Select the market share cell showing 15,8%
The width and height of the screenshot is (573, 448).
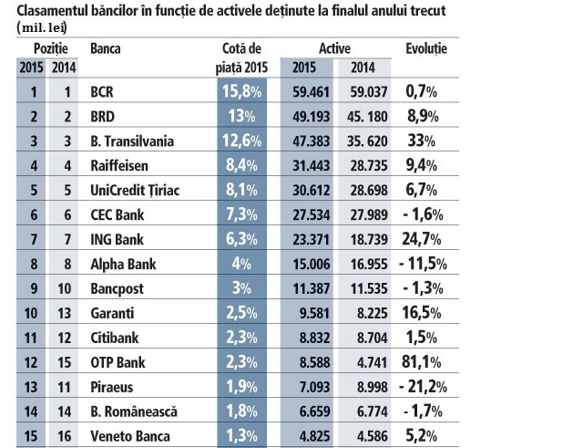click(x=241, y=92)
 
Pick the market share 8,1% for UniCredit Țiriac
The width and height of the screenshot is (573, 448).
click(x=241, y=192)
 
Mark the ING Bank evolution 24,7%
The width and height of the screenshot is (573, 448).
click(x=425, y=241)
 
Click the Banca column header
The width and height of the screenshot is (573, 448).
click(x=107, y=47)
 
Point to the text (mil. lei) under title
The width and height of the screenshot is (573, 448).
click(x=42, y=26)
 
